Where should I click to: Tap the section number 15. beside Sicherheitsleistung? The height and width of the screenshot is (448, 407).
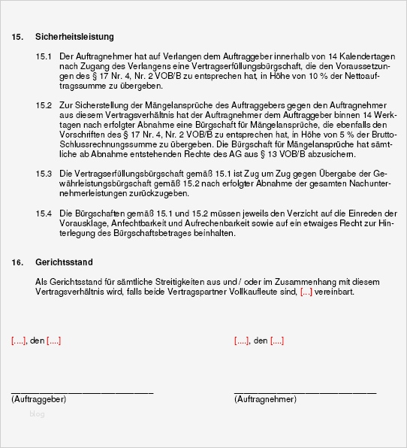pyautogui.click(x=17, y=37)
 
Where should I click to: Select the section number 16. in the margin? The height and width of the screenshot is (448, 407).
pyautogui.click(x=17, y=264)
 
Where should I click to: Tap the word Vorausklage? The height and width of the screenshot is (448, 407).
pyautogui.click(x=81, y=224)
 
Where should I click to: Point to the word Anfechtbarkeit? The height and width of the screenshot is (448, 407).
pyautogui.click(x=134, y=224)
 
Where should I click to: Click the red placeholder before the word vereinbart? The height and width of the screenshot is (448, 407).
pyautogui.click(x=306, y=292)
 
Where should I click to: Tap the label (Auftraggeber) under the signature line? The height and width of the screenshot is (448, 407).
pyautogui.click(x=39, y=399)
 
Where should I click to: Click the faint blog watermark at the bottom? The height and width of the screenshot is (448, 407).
pyautogui.click(x=37, y=413)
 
